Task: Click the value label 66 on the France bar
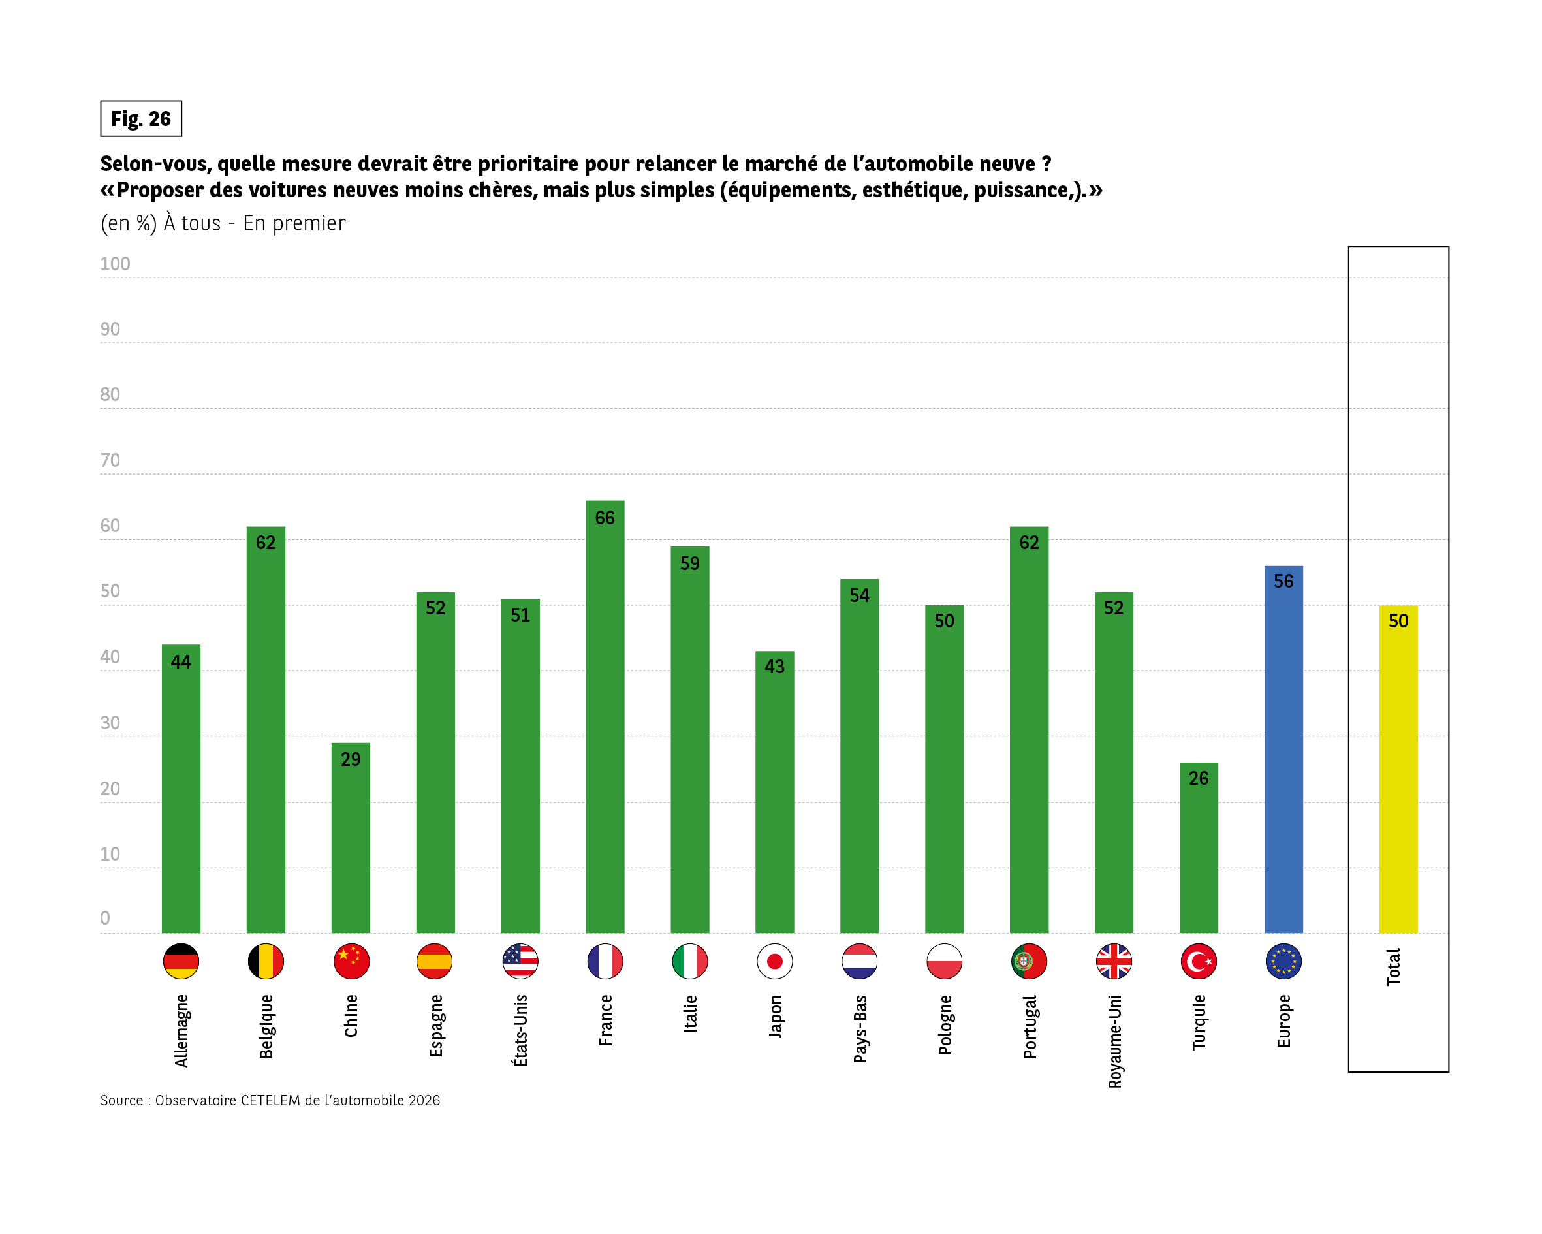click(x=605, y=518)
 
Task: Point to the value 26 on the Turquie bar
click(x=1198, y=778)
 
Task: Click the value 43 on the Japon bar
click(x=774, y=667)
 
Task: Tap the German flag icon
click(x=181, y=960)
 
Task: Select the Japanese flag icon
click(x=774, y=960)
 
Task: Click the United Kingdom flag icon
click(x=1114, y=960)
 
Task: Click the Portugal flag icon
click(x=1028, y=960)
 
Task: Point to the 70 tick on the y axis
click(x=110, y=460)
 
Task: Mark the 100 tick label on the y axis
click(x=115, y=264)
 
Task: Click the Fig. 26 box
click(x=141, y=119)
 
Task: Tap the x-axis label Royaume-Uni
click(x=1114, y=1041)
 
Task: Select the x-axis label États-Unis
click(x=520, y=1030)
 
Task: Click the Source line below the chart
click(x=270, y=1100)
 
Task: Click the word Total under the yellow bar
click(x=1393, y=967)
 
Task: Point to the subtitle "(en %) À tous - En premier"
click(x=223, y=223)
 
